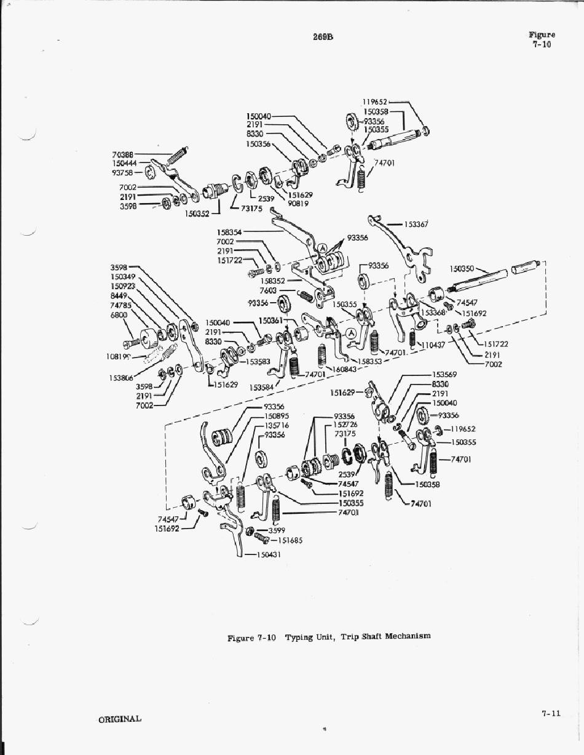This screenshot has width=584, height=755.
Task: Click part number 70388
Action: pyautogui.click(x=124, y=154)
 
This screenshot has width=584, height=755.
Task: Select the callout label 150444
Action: pyautogui.click(x=124, y=163)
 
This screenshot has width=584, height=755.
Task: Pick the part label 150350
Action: pyautogui.click(x=462, y=269)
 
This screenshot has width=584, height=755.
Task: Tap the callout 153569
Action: pyautogui.click(x=445, y=374)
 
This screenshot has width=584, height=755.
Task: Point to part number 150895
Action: pyautogui.click(x=277, y=416)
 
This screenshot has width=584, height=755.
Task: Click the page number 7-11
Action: pyautogui.click(x=551, y=714)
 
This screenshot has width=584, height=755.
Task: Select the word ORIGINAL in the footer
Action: pyautogui.click(x=119, y=718)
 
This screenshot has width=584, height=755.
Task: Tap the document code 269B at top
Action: pyautogui.click(x=322, y=37)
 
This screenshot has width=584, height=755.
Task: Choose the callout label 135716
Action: pyautogui.click(x=277, y=425)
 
